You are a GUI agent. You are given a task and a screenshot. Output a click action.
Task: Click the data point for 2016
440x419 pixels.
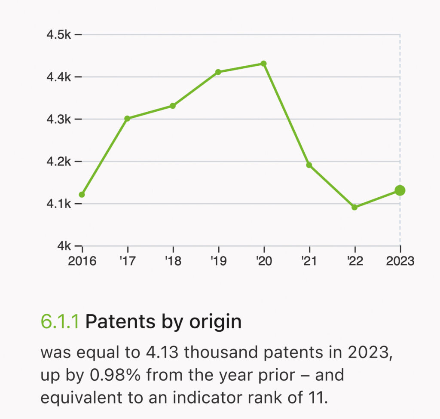pos(82,195)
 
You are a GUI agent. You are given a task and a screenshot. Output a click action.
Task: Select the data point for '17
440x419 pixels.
pos(127,118)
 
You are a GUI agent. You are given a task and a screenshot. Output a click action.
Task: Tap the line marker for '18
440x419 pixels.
pos(173,106)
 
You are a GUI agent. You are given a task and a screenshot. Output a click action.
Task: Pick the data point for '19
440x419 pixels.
pos(218,72)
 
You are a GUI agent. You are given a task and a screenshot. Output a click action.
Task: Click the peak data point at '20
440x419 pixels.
pos(264,64)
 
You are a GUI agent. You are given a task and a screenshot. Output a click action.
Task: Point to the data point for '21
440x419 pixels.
pos(309,165)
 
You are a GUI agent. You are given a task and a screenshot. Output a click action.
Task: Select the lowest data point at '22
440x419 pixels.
pos(354,207)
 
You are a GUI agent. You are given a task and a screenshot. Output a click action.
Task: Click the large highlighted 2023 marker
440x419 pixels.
pos(400,190)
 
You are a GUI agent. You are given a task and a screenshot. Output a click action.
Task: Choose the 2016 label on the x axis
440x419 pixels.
pos(82,261)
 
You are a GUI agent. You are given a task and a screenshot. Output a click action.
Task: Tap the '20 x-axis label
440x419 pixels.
pos(264,261)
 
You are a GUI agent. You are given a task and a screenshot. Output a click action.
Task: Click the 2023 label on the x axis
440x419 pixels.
pos(400,261)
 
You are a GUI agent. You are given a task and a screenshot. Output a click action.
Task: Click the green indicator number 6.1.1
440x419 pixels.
pos(60,322)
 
